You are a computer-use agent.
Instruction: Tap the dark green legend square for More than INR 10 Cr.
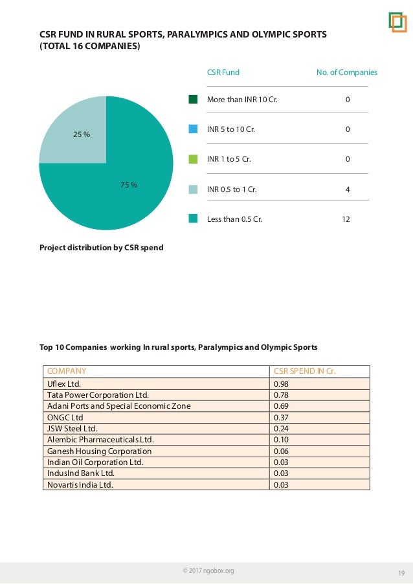tap(193, 100)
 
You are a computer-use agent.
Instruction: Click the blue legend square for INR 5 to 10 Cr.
tap(193, 129)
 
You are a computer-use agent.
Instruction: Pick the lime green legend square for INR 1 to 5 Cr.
tap(193, 159)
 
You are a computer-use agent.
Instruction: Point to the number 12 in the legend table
tap(346, 219)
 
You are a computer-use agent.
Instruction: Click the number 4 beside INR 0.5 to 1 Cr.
tap(348, 189)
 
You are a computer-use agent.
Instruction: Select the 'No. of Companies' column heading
tap(346, 72)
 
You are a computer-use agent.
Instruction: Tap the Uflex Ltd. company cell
tap(65, 384)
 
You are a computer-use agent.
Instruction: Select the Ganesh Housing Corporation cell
tap(99, 451)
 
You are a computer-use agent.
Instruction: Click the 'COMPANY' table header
tap(67, 371)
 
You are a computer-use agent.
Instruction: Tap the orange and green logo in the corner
tap(397, 21)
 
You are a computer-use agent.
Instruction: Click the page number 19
tap(401, 572)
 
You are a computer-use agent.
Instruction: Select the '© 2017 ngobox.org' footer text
tap(208, 570)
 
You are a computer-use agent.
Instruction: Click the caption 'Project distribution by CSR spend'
tap(102, 246)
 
